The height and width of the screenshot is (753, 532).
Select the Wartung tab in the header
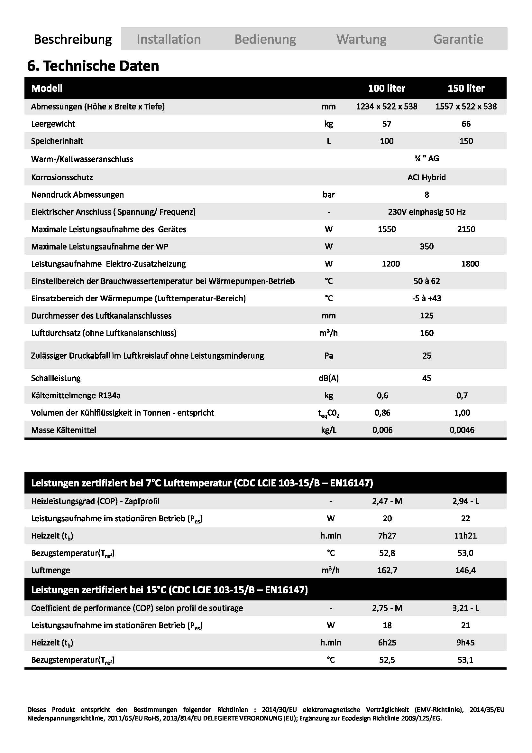[x=361, y=39]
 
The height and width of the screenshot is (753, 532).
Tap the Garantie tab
[x=458, y=39]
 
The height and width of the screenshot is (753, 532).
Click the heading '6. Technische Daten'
[x=93, y=66]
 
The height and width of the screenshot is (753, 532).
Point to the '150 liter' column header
[x=466, y=88]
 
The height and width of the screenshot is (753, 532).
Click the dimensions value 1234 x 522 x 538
[x=387, y=107]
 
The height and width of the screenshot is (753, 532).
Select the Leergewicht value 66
[x=466, y=124]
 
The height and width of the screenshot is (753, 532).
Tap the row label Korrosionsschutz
[x=62, y=177]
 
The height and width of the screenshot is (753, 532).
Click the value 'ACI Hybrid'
[x=427, y=177]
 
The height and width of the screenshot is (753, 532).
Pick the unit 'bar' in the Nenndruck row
[x=329, y=195]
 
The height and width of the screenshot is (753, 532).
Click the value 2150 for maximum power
[x=466, y=229]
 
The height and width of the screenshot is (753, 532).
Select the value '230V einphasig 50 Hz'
[x=427, y=212]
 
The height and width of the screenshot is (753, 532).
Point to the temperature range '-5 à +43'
[x=427, y=298]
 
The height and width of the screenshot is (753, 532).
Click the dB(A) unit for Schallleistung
[x=329, y=378]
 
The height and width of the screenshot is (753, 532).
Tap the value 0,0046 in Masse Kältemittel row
[x=462, y=430]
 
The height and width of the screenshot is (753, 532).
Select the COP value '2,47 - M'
[x=387, y=501]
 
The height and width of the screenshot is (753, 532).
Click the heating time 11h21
[x=465, y=536]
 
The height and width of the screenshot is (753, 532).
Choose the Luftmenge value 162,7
[x=387, y=570]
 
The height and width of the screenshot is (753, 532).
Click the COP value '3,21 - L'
[x=465, y=608]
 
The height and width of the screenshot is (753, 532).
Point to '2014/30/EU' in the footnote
[x=279, y=710]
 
